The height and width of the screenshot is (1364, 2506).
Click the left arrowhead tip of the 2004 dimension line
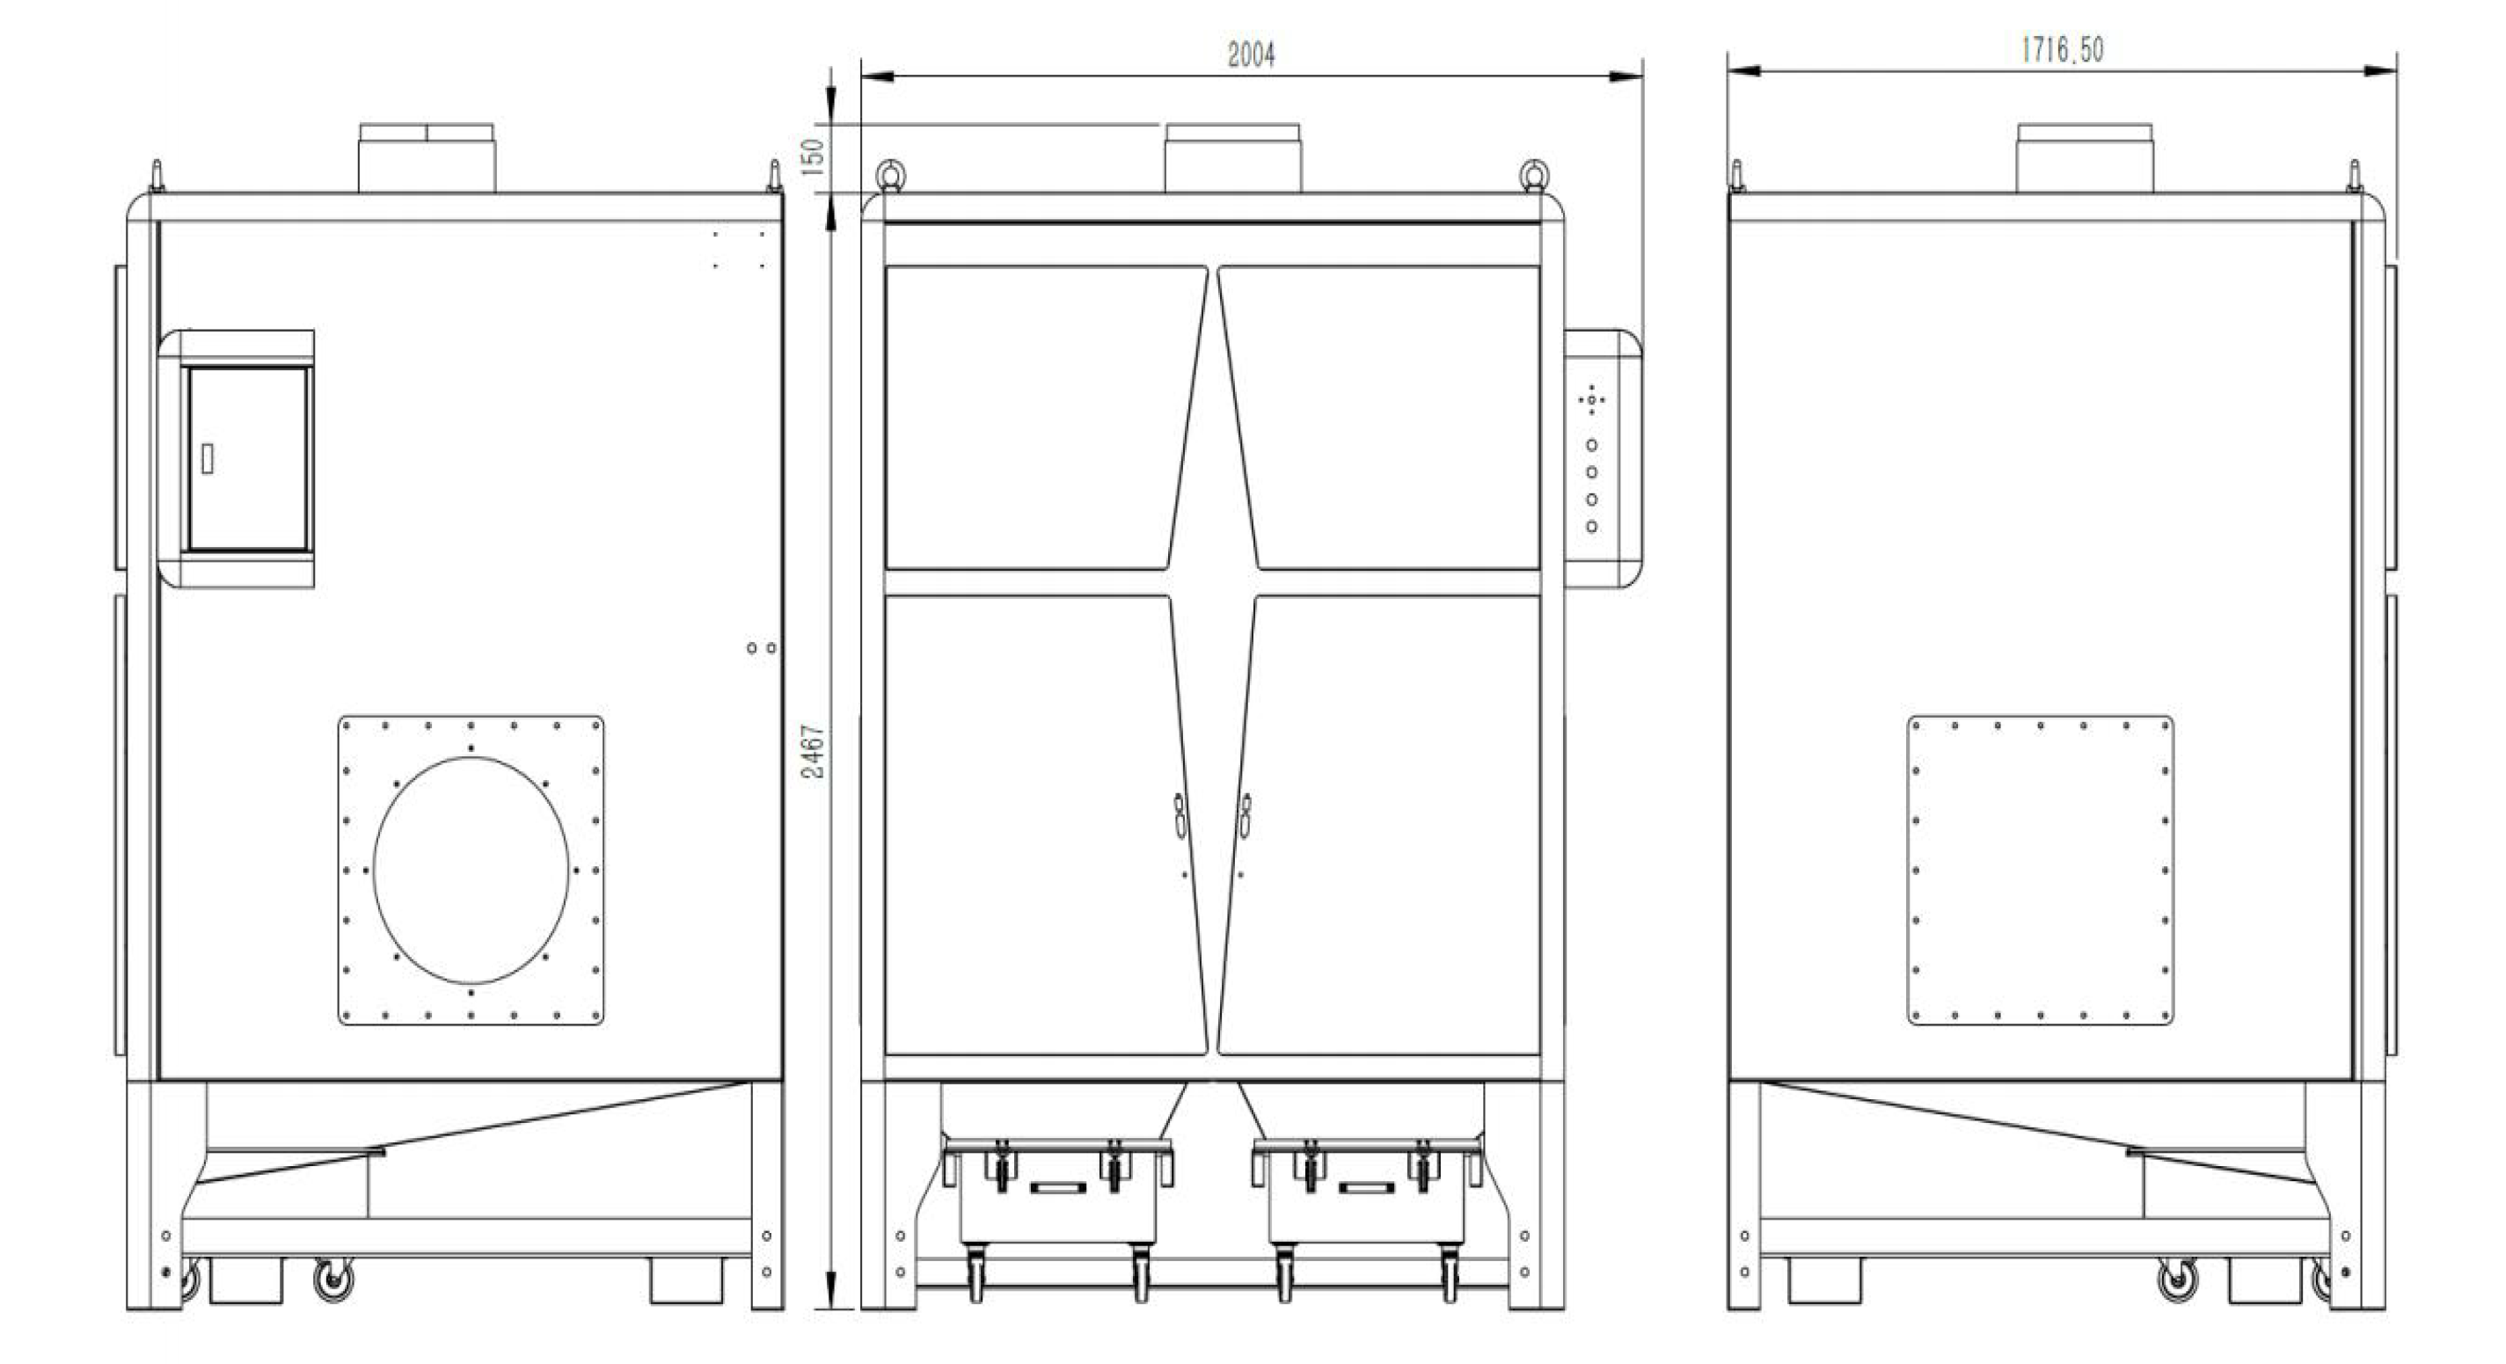coord(862,76)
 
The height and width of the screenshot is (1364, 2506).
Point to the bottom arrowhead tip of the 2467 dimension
coord(829,1309)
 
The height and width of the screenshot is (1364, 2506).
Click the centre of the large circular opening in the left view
coord(471,870)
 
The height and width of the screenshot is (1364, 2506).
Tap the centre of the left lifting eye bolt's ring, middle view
coord(889,174)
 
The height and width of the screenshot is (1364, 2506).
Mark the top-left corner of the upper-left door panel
coord(885,266)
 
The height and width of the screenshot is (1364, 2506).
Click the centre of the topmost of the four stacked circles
coord(1591,445)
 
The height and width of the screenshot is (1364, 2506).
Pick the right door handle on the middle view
coord(1246,815)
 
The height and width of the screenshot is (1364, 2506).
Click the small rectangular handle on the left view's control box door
coord(208,458)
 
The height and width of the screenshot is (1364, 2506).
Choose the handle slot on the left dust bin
coord(1057,1187)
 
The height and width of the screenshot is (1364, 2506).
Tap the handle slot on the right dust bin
coord(1367,1187)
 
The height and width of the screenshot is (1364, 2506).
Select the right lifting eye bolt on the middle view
coord(1534,174)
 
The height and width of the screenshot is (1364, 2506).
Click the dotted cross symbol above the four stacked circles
coord(1591,400)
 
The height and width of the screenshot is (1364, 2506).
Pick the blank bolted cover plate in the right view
coord(2040,870)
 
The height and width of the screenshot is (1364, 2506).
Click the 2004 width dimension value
coord(1251,55)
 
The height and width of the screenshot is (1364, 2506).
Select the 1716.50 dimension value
coord(2062,49)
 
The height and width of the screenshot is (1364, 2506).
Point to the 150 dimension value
coord(815,156)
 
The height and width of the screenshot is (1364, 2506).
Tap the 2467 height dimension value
coord(815,751)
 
